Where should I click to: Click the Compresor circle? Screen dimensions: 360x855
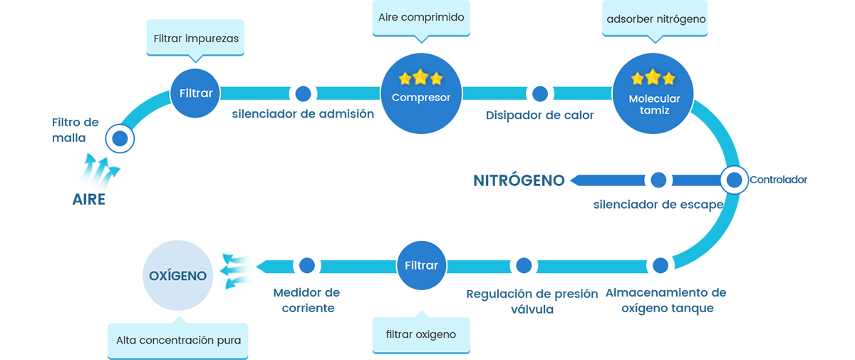(x=420, y=88)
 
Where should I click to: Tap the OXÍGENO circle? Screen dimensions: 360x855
(x=177, y=274)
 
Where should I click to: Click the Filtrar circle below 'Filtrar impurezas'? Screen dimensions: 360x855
(x=196, y=93)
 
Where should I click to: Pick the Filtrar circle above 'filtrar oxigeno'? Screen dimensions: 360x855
(x=421, y=265)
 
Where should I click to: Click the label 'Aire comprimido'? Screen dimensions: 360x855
(x=421, y=16)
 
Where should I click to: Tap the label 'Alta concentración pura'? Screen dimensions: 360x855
(x=178, y=340)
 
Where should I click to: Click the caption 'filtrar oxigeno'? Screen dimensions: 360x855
(x=421, y=334)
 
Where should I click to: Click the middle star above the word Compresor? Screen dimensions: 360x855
(x=420, y=77)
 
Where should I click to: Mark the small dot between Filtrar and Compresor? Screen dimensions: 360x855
(x=303, y=93)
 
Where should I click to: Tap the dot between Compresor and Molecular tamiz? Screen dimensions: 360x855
(x=540, y=93)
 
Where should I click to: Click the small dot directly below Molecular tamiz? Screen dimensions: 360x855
(x=659, y=180)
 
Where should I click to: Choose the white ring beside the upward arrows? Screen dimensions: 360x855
(x=120, y=138)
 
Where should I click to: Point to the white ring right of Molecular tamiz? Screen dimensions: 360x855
(x=732, y=180)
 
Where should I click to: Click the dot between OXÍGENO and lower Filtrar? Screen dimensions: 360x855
(x=307, y=265)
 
